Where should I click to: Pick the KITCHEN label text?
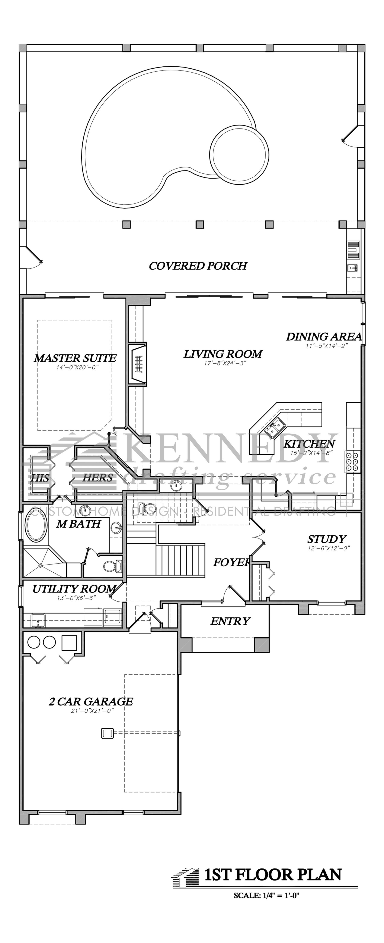309,444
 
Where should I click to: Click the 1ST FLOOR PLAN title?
273,875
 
